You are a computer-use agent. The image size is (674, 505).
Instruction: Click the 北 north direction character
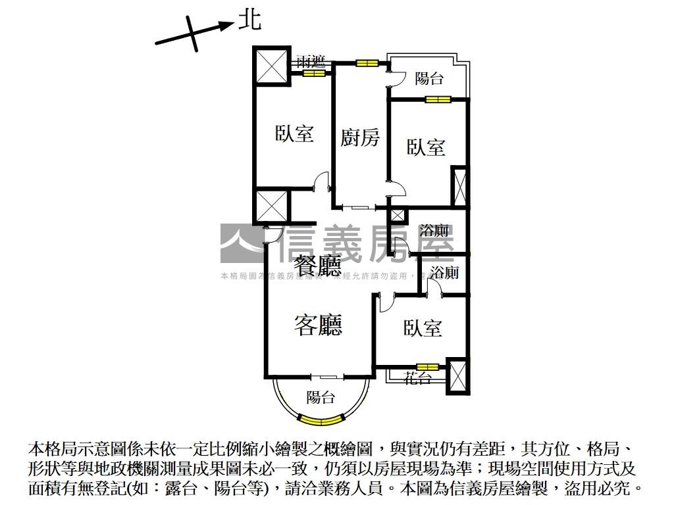point(249,20)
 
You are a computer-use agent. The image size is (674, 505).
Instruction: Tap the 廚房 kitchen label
point(360,138)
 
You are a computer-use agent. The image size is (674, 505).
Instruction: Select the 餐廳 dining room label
point(318,266)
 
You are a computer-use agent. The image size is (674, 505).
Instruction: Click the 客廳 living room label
point(318,324)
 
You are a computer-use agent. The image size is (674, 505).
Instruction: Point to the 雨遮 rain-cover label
point(311,62)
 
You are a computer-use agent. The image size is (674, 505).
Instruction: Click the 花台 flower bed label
point(417,378)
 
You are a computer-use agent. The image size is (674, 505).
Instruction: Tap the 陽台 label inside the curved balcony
point(321,397)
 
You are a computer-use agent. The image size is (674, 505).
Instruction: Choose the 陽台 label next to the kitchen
point(429,79)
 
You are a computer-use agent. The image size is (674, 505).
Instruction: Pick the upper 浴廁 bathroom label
point(434,231)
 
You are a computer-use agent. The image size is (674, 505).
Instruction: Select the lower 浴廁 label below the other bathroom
point(445,272)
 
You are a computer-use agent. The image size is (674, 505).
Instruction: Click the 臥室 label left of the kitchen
point(294,134)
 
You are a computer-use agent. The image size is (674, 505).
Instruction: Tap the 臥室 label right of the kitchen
point(425,147)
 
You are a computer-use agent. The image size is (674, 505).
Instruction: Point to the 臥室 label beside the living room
point(423,328)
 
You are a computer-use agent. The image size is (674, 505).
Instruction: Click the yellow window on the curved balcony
point(321,418)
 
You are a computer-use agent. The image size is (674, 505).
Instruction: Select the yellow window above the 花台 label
point(427,366)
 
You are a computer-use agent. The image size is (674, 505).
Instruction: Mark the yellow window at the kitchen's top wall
point(367,63)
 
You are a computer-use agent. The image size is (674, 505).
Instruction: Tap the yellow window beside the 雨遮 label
point(314,74)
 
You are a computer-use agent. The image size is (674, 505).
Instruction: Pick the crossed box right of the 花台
point(457,375)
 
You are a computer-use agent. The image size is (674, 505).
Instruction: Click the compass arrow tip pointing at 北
point(233,25)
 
